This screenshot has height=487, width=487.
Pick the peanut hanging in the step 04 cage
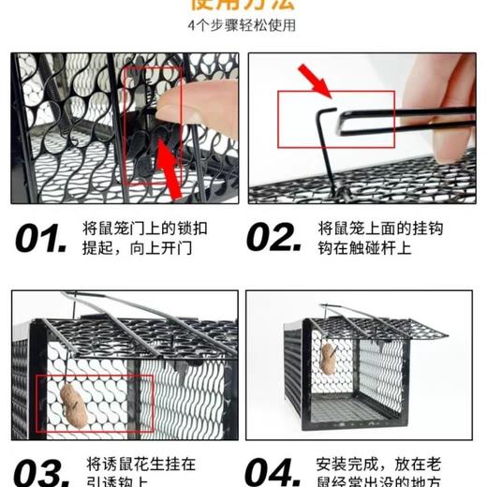point(329,358)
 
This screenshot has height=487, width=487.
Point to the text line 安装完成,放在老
point(379,463)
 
